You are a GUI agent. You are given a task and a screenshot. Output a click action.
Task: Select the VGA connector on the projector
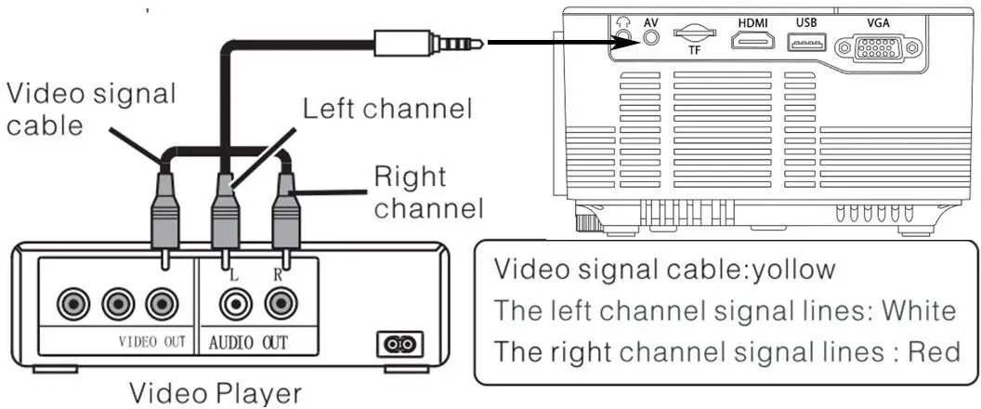point(877,46)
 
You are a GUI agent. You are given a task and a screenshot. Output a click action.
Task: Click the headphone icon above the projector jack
point(623,20)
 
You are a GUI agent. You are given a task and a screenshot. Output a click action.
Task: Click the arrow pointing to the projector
point(548,42)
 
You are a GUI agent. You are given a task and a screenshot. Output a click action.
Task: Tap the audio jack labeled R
point(279,302)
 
